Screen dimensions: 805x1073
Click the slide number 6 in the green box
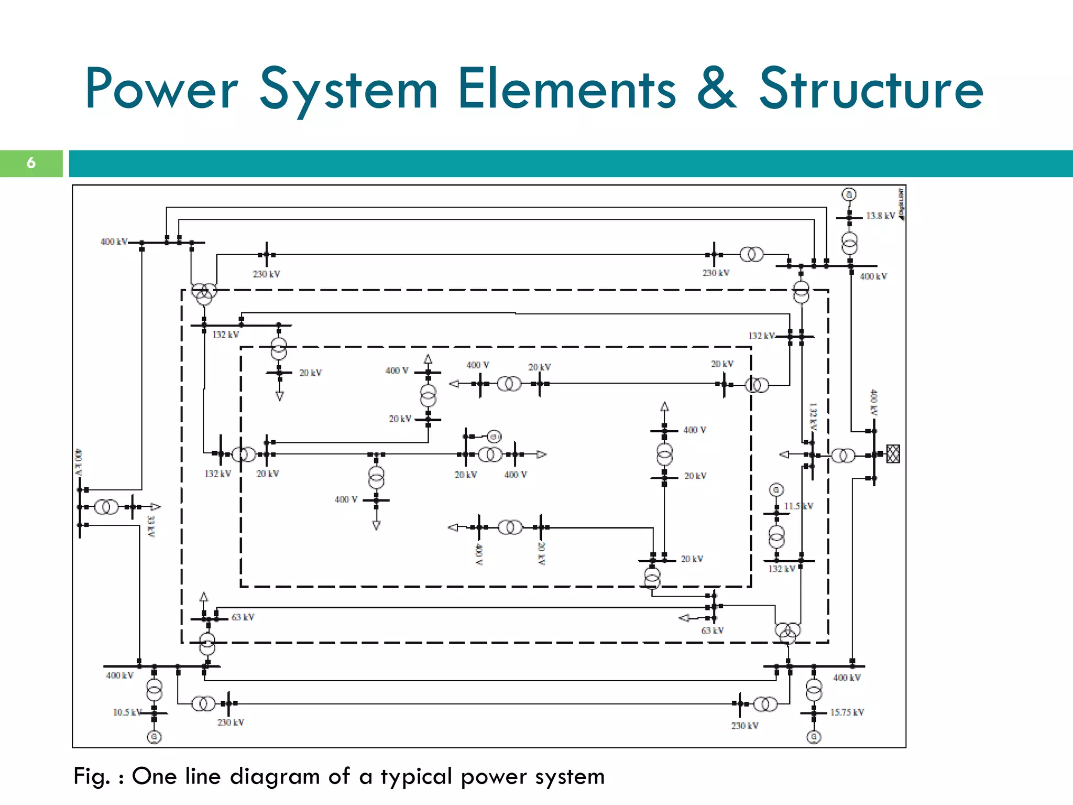31,163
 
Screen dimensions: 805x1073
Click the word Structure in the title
871,89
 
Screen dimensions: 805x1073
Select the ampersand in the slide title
717,89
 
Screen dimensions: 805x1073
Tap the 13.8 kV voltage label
880,216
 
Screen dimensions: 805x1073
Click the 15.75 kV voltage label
847,712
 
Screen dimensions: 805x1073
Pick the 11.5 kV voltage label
798,506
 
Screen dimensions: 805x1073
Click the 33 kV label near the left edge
151,526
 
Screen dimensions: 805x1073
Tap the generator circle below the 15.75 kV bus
814,737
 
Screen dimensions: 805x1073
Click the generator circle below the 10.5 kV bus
154,737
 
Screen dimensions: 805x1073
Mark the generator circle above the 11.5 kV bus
776,490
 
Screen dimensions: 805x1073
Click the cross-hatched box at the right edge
893,454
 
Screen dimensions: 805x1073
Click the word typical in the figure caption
416,777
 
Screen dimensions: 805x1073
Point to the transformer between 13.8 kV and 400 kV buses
849,243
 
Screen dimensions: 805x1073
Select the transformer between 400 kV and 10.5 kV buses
154,690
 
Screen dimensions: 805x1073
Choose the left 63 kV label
243,617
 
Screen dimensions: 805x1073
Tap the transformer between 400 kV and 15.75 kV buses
814,690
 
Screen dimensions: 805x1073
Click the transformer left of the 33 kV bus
106,507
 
